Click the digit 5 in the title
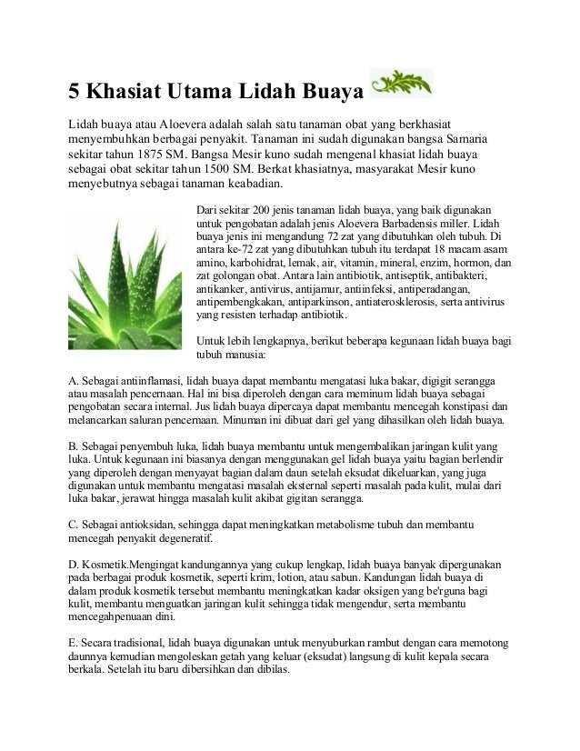point(77,92)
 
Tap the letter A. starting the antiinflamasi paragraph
point(75,379)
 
